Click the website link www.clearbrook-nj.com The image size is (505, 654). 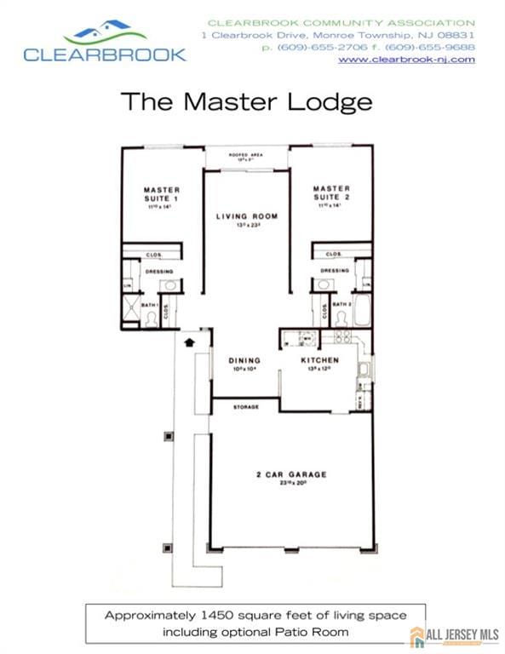tap(406, 60)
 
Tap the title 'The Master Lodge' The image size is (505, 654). tap(246, 101)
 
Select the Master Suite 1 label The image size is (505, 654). tap(161, 193)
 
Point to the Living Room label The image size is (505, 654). tap(246, 216)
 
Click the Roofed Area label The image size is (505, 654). tap(246, 154)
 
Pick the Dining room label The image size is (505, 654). tap(244, 360)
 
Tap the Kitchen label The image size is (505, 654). tap(320, 360)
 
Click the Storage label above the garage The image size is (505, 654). tap(246, 407)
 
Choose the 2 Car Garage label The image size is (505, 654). tap(291, 474)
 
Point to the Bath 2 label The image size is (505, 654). tap(342, 304)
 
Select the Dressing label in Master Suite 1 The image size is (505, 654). tap(159, 272)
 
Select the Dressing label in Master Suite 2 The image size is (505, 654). tap(334, 271)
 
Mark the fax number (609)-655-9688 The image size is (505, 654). tap(440, 48)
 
